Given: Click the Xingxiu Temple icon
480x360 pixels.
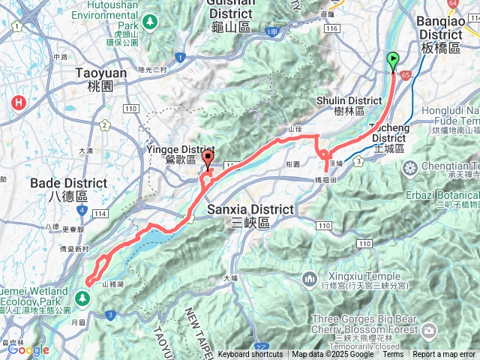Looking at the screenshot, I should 309,280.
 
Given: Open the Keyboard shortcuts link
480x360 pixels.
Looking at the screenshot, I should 250,355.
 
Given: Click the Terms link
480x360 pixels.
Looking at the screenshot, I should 393,355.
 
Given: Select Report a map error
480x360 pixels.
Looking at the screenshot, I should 444,355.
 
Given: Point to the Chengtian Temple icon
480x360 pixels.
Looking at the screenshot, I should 411,166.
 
